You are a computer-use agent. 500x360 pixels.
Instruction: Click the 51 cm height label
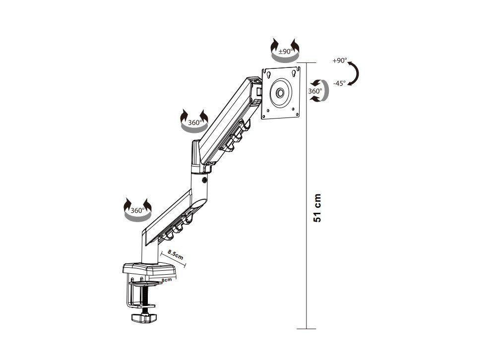[318, 207]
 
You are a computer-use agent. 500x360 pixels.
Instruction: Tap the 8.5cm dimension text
[175, 254]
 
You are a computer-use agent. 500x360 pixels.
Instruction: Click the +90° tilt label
[339, 60]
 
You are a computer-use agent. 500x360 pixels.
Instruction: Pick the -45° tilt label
[339, 83]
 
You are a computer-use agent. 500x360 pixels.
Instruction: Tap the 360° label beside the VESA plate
[314, 91]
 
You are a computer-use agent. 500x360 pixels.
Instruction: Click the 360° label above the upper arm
[194, 122]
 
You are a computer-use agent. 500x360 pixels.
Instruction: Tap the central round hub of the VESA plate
[281, 93]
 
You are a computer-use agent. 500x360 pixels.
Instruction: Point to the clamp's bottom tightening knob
[144, 317]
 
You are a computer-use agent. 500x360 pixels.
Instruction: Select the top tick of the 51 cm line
[307, 63]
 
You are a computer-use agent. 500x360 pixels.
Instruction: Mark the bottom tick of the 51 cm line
[307, 328]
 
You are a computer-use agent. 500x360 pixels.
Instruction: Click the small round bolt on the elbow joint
[205, 180]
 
